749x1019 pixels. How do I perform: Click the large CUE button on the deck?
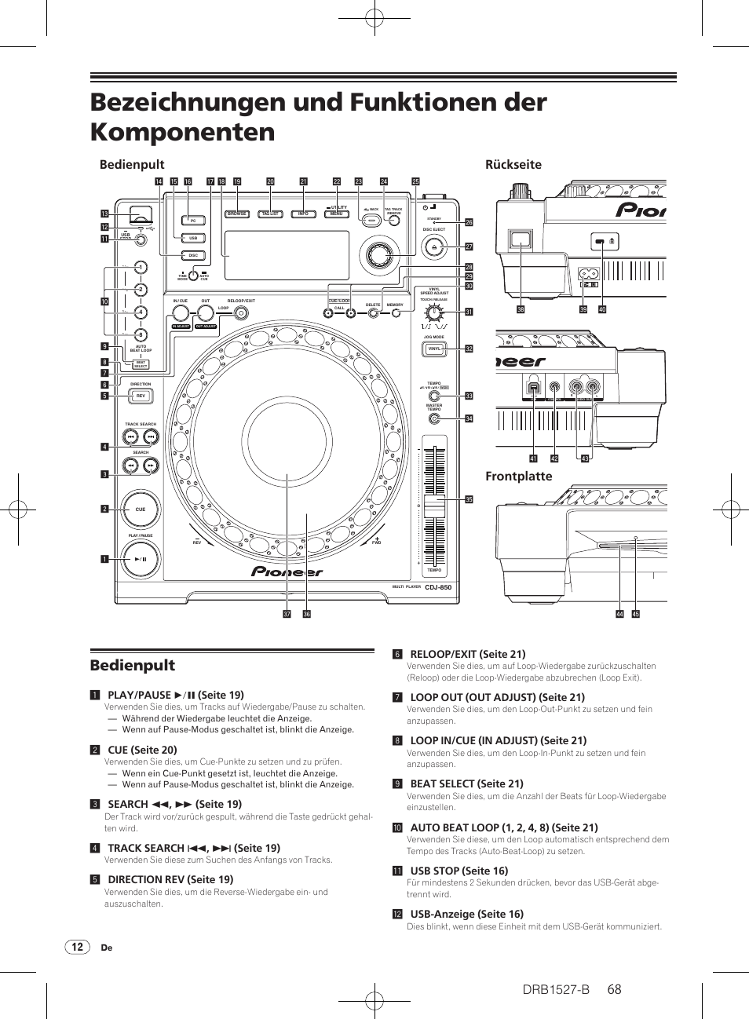140,509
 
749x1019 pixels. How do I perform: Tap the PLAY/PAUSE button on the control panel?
141,560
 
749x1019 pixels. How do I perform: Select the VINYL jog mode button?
434,349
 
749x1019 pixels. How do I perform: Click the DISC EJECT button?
434,247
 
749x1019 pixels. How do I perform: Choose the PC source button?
193,221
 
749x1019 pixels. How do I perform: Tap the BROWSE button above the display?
237,214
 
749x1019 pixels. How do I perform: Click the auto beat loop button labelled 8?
141,334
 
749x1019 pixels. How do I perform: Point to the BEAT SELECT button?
141,364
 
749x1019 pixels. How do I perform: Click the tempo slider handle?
434,506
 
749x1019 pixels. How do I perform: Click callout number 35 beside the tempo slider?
469,499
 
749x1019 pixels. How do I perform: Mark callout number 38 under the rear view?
521,309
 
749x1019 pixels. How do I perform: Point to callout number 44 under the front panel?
619,614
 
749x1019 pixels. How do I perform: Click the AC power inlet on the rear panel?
588,274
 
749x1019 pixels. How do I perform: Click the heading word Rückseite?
513,165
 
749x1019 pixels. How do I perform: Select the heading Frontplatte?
518,477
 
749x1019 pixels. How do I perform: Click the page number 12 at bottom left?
77,947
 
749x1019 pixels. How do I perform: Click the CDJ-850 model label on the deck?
438,587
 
